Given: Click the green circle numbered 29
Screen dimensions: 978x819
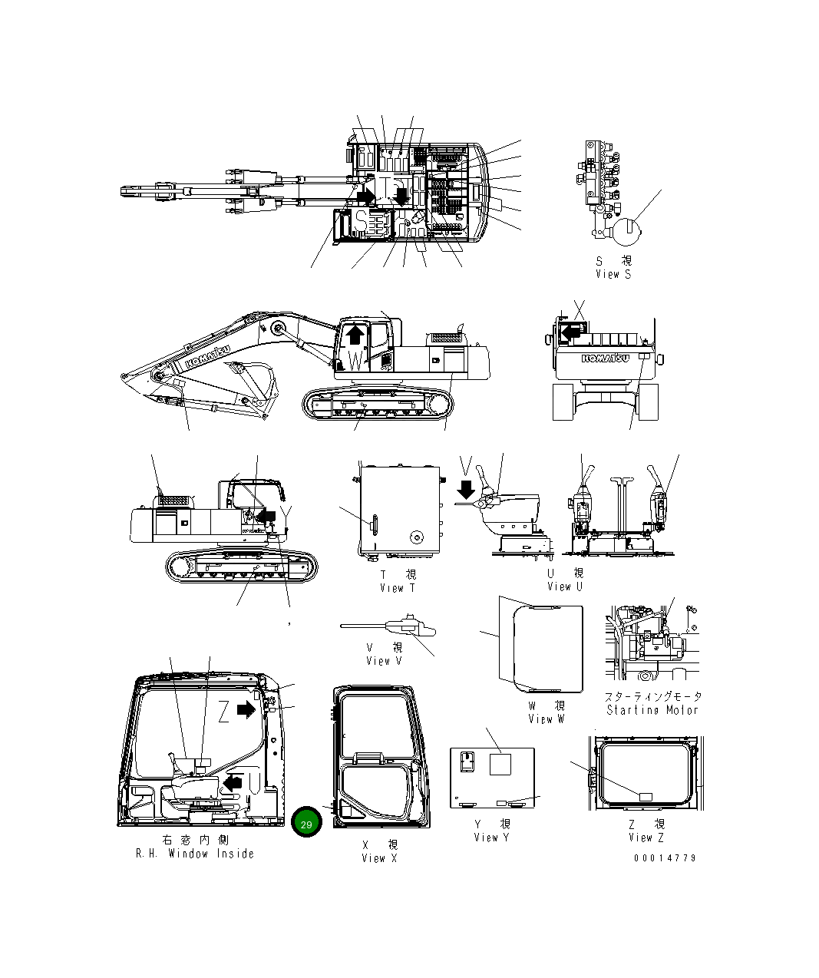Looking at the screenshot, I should tap(306, 824).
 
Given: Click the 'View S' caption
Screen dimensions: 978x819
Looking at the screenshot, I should tap(613, 274).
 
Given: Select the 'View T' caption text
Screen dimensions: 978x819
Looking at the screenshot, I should tap(398, 588).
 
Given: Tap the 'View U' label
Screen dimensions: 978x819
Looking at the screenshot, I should tap(565, 586).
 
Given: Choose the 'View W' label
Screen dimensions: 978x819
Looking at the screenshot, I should tap(546, 719).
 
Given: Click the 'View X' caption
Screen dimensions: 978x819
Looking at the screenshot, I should tap(379, 857).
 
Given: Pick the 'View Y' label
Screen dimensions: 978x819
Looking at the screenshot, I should tap(491, 838).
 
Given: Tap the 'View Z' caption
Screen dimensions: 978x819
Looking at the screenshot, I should tap(646, 838).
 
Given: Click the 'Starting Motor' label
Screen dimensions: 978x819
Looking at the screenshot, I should tap(652, 710).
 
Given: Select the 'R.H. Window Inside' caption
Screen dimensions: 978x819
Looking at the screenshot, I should tap(195, 854).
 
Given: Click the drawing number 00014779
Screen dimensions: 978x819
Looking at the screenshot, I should tap(665, 857).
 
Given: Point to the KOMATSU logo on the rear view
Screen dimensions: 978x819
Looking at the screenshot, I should tap(606, 358).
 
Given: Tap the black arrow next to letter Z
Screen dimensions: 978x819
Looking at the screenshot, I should tap(246, 710).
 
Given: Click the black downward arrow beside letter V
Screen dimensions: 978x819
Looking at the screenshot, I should tap(465, 488).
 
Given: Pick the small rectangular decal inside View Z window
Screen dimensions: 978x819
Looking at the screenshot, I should tap(646, 795).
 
